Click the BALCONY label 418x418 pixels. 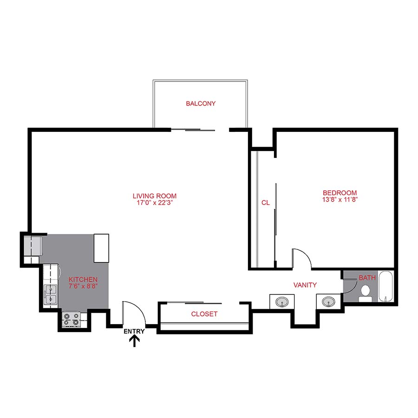pyautogui.click(x=201, y=104)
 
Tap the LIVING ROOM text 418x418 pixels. pyautogui.click(x=154, y=196)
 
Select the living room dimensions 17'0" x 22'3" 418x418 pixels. pyautogui.click(x=154, y=203)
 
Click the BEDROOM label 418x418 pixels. pyautogui.click(x=340, y=193)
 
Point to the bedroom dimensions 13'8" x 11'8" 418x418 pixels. pyautogui.click(x=340, y=200)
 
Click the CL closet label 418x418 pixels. pyautogui.click(x=265, y=202)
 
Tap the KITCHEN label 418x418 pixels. pyautogui.click(x=83, y=279)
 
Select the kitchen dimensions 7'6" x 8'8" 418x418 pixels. pyautogui.click(x=83, y=287)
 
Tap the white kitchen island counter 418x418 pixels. pyautogui.click(x=102, y=248)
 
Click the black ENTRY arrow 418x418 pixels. pyautogui.click(x=135, y=342)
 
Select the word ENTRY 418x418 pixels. pyautogui.click(x=134, y=332)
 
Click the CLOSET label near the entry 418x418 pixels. pyautogui.click(x=204, y=314)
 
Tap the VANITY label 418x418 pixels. pyautogui.click(x=305, y=285)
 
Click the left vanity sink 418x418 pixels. pyautogui.click(x=282, y=302)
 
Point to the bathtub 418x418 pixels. pyautogui.click(x=386, y=287)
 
